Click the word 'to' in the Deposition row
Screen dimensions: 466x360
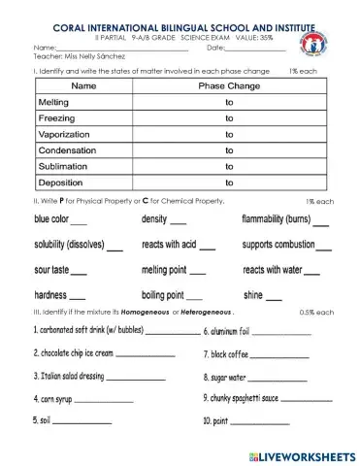(230, 182)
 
